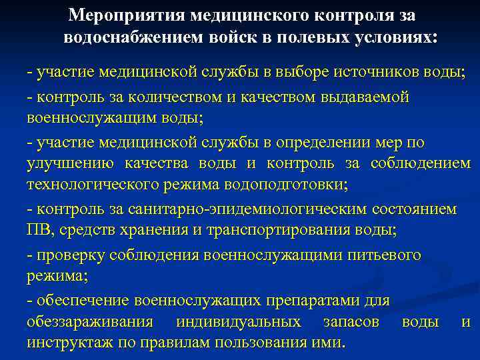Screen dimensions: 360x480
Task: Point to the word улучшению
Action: click(x=69, y=164)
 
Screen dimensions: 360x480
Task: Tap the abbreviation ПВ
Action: click(x=39, y=231)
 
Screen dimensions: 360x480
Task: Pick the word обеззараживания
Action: click(x=90, y=322)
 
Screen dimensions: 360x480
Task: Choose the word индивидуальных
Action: click(x=238, y=322)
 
